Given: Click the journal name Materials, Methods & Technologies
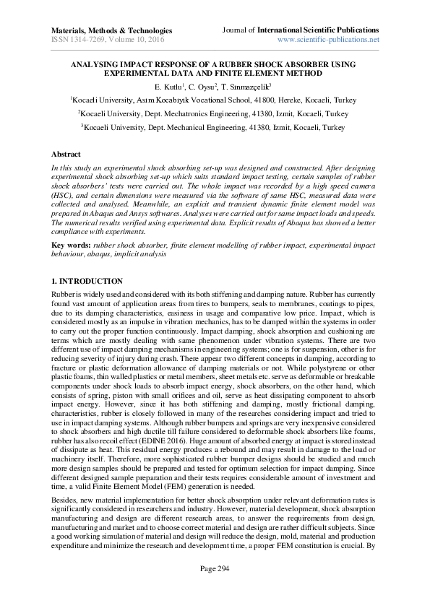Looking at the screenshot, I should [111, 31].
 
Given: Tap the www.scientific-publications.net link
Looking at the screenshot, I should [328, 40].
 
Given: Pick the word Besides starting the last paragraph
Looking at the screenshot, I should [64, 498].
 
